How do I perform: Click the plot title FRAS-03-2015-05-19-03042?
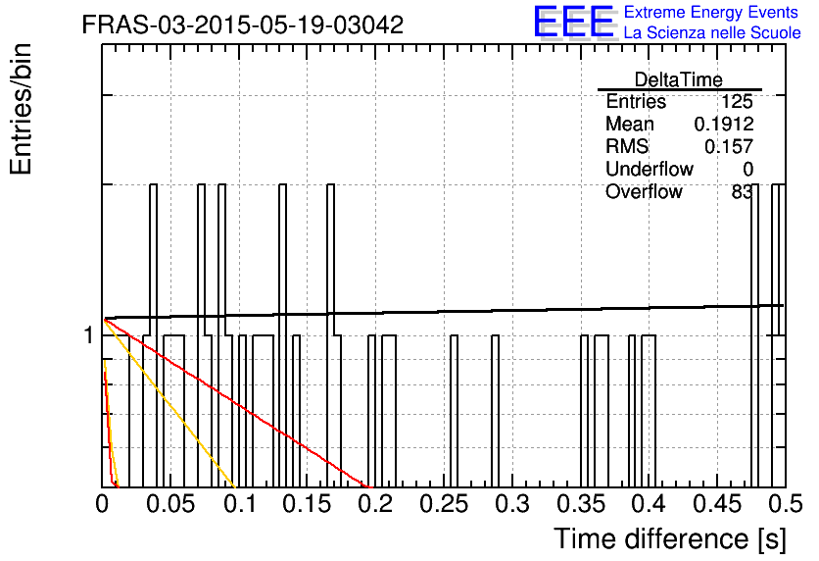[242, 25]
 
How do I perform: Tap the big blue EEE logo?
[574, 22]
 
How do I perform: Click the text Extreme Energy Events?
[711, 12]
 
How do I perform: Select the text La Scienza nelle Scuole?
[712, 32]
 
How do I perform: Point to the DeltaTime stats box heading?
[679, 79]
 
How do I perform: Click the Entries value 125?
[737, 101]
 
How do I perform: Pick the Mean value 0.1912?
[723, 124]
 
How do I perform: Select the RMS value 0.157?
[729, 146]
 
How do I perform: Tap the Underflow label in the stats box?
[650, 169]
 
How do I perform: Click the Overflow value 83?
[742, 192]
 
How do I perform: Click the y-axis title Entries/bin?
[21, 109]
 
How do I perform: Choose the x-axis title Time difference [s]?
[670, 538]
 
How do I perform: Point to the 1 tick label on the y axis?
[88, 335]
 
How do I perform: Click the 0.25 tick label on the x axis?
[444, 504]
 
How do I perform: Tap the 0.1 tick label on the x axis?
[240, 504]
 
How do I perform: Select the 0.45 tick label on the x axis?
[717, 504]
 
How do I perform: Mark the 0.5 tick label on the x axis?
[786, 504]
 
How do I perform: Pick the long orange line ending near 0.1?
[169, 403]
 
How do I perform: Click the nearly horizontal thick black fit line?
[444, 312]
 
